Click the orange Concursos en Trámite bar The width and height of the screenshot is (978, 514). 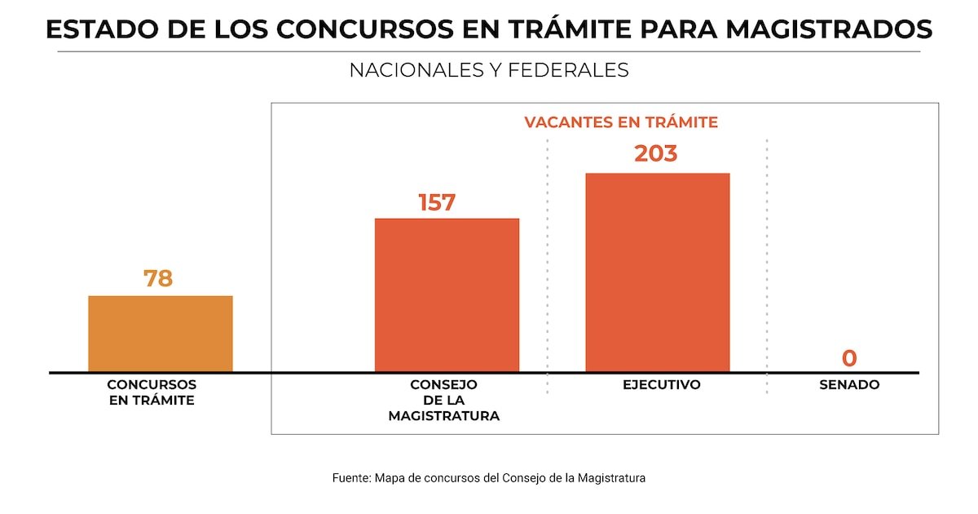click(x=161, y=334)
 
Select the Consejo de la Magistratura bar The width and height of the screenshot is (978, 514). click(x=447, y=295)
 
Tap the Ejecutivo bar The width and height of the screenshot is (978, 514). click(x=657, y=273)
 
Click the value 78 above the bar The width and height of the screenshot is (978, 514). click(x=158, y=278)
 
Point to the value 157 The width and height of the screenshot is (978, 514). click(x=437, y=202)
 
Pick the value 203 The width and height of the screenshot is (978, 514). click(x=655, y=153)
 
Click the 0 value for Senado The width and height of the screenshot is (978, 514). click(x=849, y=358)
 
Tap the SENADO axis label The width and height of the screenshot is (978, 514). click(x=849, y=384)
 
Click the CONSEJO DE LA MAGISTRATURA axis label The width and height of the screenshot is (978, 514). click(x=443, y=400)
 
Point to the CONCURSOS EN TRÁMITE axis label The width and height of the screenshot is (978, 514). click(x=152, y=392)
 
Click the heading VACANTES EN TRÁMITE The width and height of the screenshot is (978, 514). click(x=621, y=122)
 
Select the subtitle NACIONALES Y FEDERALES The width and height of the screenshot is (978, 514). click(x=489, y=70)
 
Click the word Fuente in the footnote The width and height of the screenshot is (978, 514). click(x=351, y=478)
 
